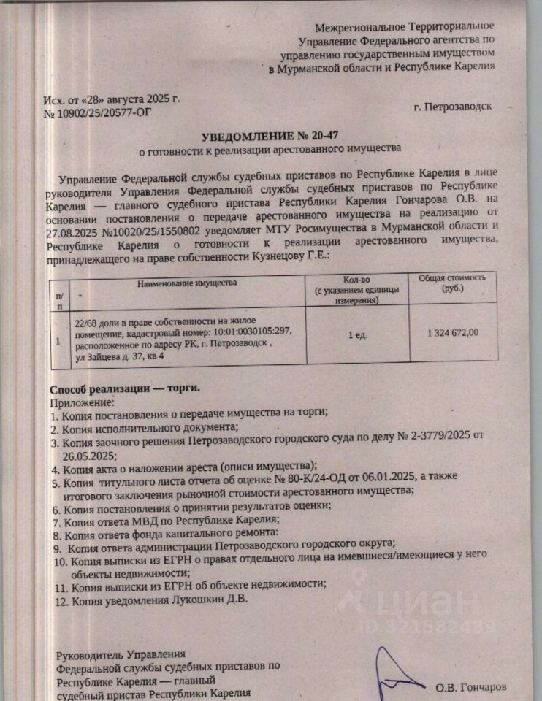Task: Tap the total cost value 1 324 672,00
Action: (452, 333)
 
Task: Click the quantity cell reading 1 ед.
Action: (357, 334)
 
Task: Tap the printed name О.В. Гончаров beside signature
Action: (470, 687)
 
